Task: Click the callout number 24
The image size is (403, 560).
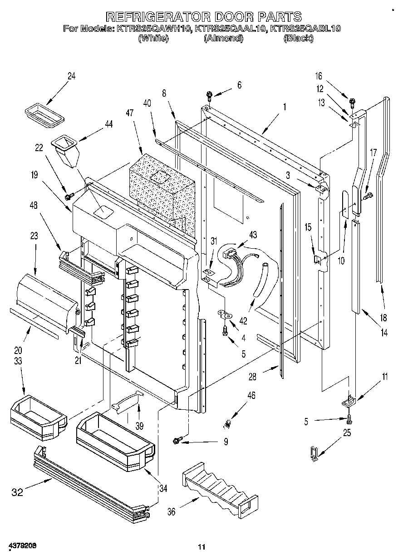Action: (x=71, y=76)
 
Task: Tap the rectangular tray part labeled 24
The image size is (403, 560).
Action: (x=44, y=112)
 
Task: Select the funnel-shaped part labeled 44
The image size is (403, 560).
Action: (x=67, y=152)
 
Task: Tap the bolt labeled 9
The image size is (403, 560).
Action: (x=177, y=439)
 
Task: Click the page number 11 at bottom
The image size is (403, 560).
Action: (x=202, y=548)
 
